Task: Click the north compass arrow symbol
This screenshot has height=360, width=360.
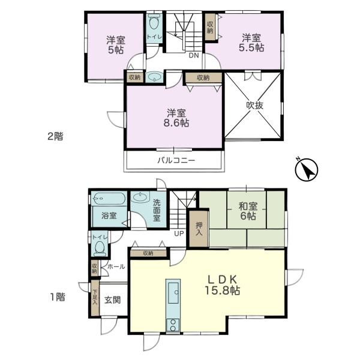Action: (x=307, y=170)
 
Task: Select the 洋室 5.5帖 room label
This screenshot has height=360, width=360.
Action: (x=251, y=43)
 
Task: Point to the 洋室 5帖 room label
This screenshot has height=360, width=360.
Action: (x=116, y=46)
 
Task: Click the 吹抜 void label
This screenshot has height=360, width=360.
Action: (x=254, y=104)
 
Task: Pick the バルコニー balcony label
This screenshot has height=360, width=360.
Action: (x=176, y=160)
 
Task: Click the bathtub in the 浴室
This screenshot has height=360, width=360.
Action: (x=109, y=197)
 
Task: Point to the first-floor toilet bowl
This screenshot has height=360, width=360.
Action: (x=100, y=247)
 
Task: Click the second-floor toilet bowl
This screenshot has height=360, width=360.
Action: (x=154, y=24)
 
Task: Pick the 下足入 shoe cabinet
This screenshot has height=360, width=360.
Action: (x=95, y=298)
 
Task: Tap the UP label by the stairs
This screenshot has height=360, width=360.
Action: (x=179, y=233)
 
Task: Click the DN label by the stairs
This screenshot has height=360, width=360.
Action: (x=193, y=56)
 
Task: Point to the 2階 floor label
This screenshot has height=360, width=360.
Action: (x=55, y=136)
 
